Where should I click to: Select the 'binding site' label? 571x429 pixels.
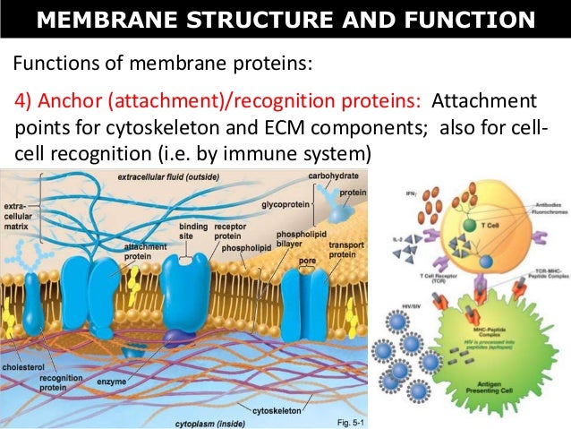pyautogui.click(x=194, y=232)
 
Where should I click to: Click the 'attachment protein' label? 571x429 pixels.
pyautogui.click(x=141, y=251)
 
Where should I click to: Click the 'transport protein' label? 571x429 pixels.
pyautogui.click(x=345, y=249)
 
